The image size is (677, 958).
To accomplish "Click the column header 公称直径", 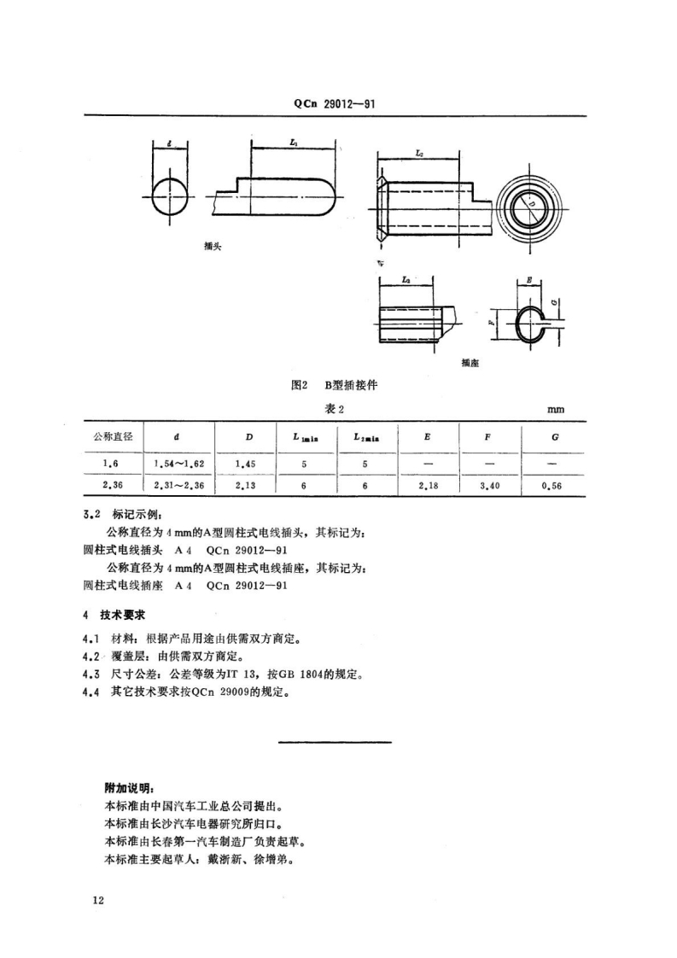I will (x=113, y=436).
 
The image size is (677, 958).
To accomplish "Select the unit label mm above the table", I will (x=556, y=409).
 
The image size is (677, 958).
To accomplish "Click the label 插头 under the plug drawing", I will (x=213, y=245).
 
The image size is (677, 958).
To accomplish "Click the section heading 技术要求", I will (x=125, y=614).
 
